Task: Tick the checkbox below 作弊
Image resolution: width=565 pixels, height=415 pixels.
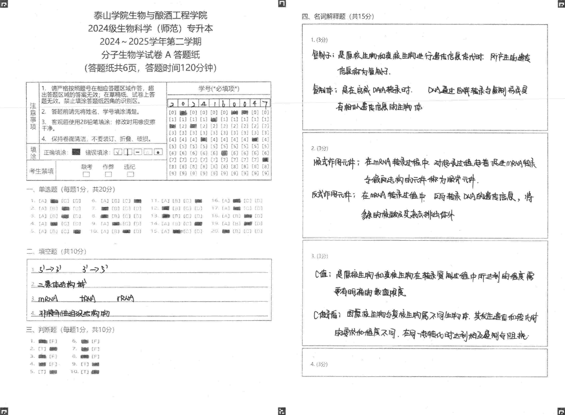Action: click(108, 174)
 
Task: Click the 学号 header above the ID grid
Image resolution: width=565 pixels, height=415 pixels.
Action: click(219, 88)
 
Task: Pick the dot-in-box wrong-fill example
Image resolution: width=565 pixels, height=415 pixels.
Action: click(158, 152)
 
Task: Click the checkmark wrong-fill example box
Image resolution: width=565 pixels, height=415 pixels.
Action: click(118, 152)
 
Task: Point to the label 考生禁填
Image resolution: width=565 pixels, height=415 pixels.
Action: click(41, 171)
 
